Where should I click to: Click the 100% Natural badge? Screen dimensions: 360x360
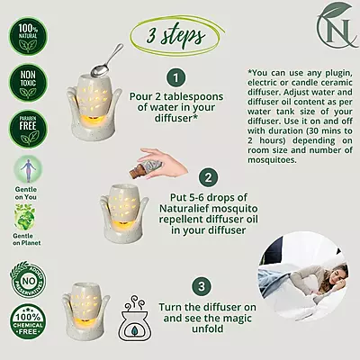coord(25,38)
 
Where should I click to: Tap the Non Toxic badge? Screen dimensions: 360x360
coord(25,87)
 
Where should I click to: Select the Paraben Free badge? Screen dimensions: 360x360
coord(25,134)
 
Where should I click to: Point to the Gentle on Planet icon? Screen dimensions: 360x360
coord(25,220)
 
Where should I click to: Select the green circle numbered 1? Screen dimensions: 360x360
coord(176,78)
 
